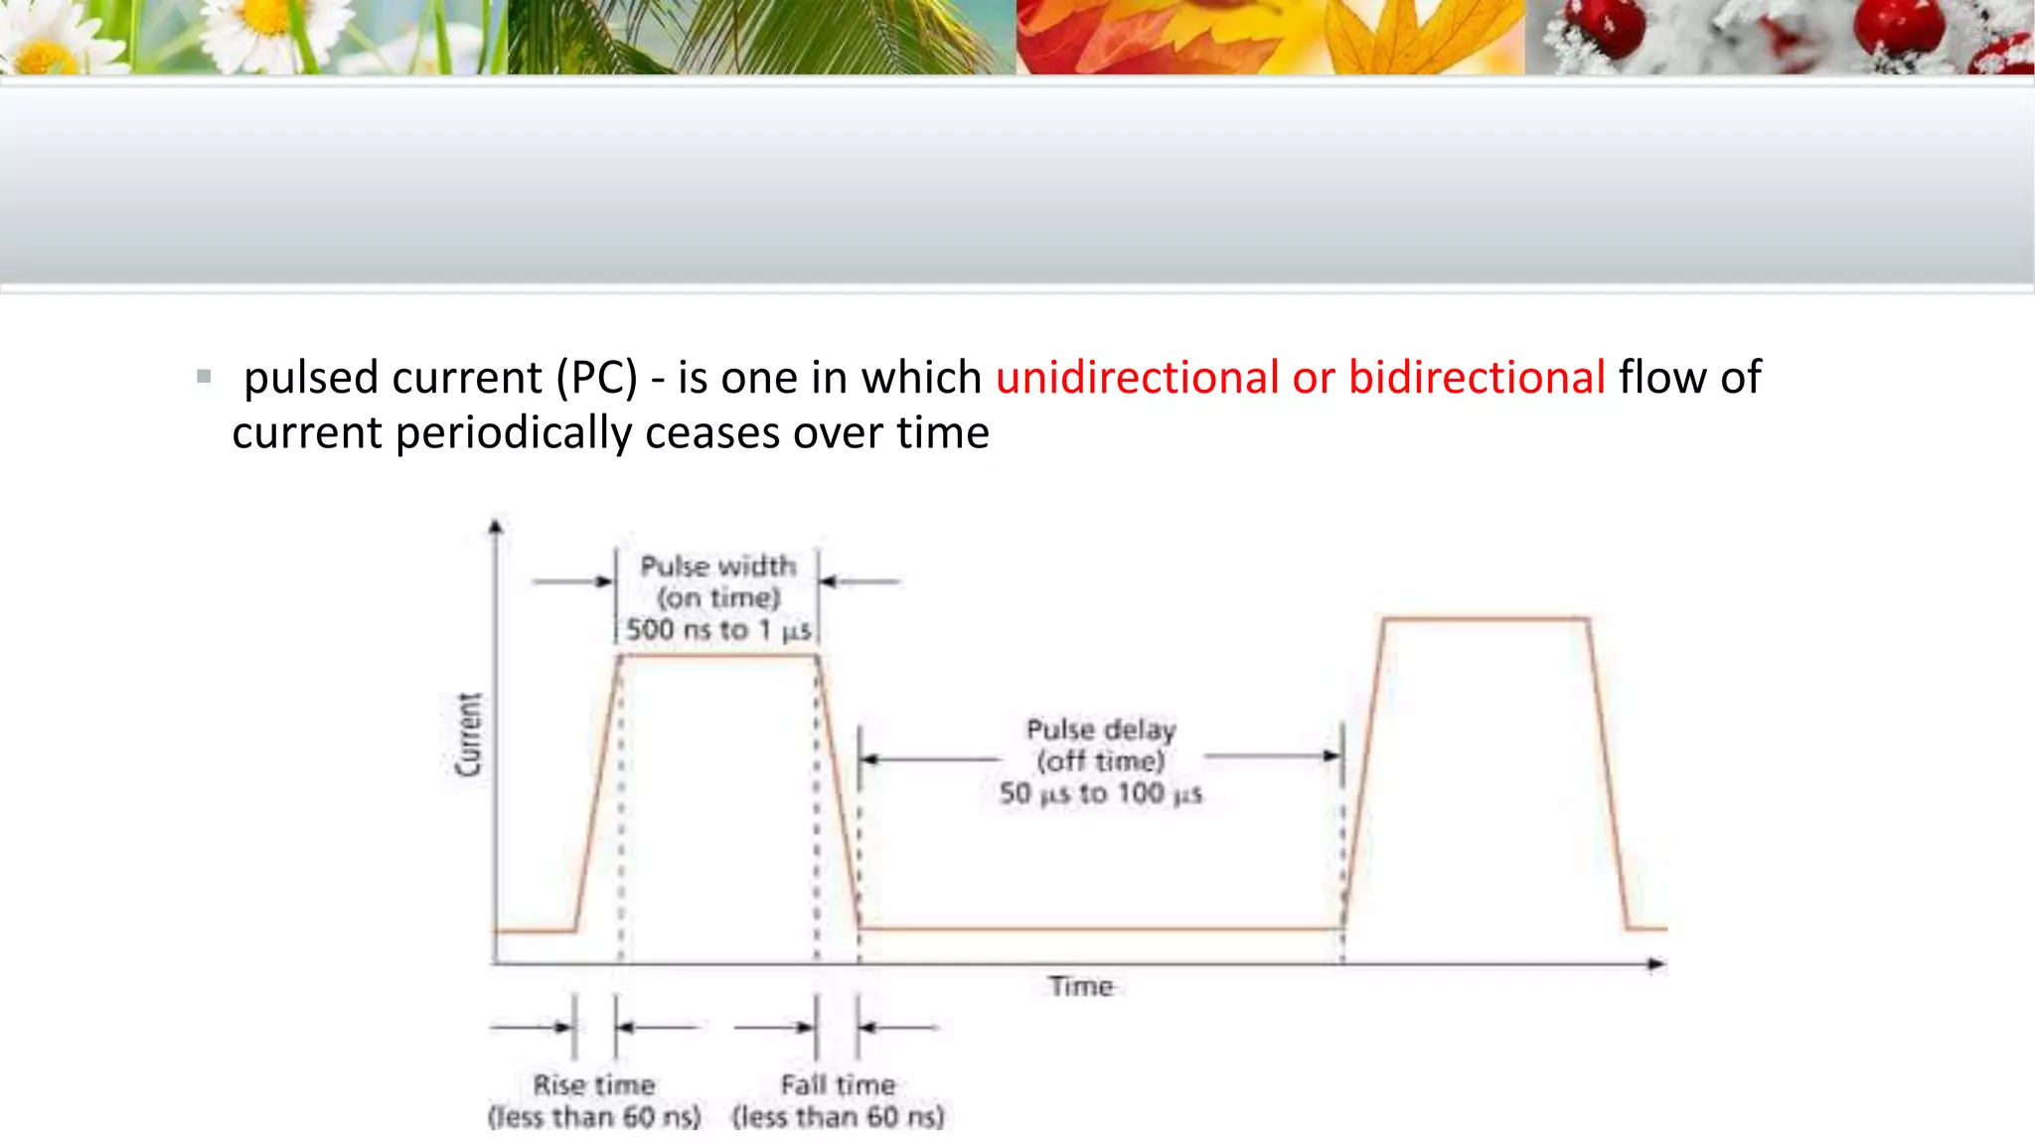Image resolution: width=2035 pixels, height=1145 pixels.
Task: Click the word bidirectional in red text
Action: (x=1477, y=379)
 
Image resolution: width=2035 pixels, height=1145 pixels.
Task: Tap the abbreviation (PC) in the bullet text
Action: (x=596, y=379)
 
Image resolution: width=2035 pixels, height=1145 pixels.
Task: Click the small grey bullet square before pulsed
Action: (x=204, y=377)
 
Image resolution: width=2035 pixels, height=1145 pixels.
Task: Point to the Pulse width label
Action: (x=717, y=567)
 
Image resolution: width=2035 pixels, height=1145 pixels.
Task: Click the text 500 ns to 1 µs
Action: (x=717, y=630)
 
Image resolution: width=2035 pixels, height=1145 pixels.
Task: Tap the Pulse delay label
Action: (x=1101, y=731)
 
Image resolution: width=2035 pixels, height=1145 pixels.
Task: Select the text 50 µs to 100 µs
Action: (x=1101, y=793)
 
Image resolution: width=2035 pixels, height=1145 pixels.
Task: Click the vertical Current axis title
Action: (x=468, y=735)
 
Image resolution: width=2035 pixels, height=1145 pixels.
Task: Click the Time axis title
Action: (x=1081, y=986)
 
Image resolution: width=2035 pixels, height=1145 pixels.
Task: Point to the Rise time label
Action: (x=594, y=1084)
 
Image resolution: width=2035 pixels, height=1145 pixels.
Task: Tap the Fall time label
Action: (x=838, y=1084)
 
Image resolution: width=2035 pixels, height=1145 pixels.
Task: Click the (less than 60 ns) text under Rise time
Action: (x=594, y=1117)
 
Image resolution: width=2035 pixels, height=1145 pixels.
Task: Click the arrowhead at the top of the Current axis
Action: (x=496, y=526)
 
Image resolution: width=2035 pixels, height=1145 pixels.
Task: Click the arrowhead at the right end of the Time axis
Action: (x=1656, y=964)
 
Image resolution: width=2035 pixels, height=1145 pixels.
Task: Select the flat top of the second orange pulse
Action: (x=1486, y=620)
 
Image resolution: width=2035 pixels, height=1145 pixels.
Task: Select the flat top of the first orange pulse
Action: (x=717, y=656)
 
